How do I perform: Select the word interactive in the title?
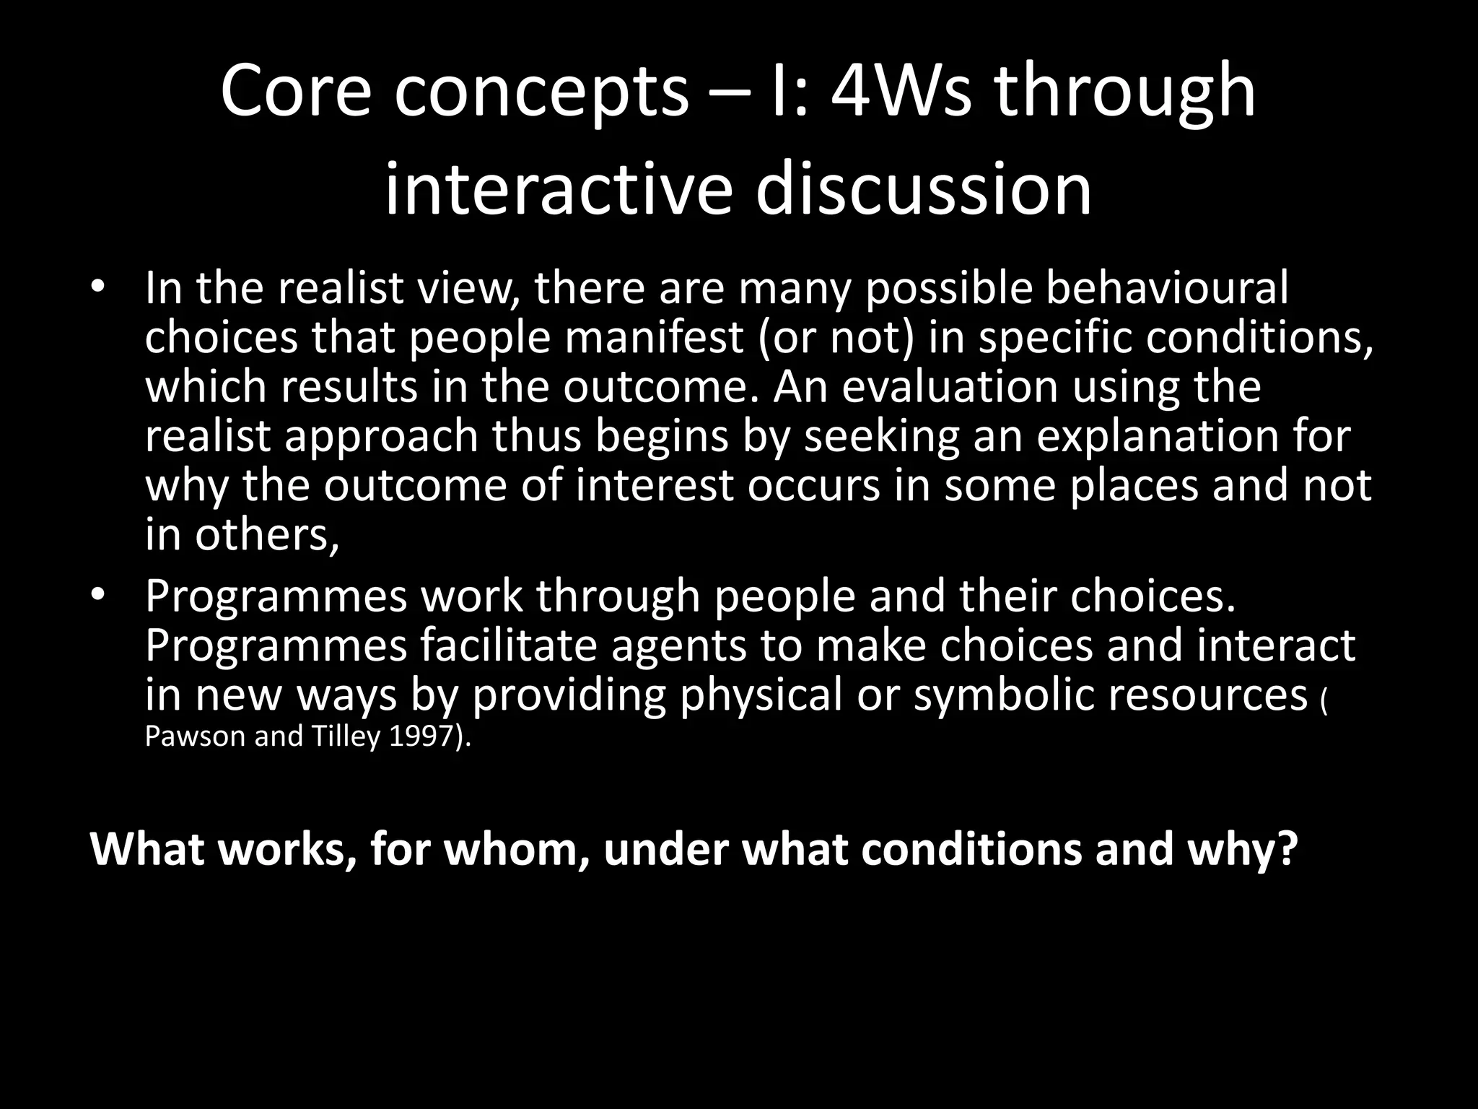click(x=557, y=190)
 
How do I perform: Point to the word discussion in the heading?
click(x=924, y=190)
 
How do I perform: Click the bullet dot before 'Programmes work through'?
click(x=98, y=596)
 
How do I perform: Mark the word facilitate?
click(x=510, y=645)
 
